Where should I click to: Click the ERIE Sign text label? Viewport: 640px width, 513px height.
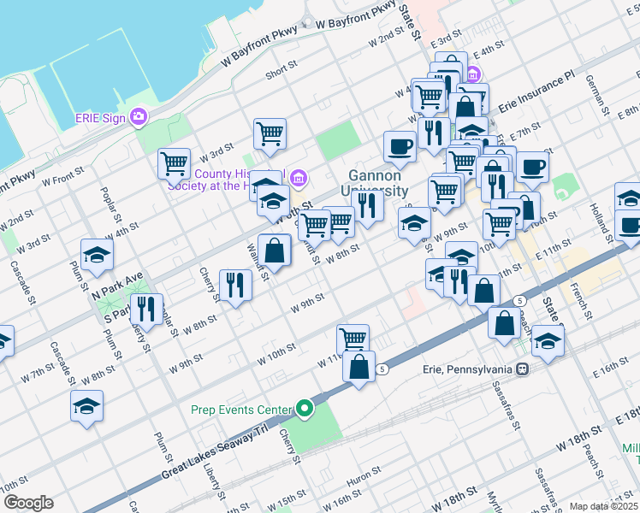(x=100, y=117)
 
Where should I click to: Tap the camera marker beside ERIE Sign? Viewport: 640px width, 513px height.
(x=139, y=117)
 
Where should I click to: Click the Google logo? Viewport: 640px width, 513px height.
(x=28, y=503)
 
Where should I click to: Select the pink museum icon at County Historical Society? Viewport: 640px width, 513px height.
(x=298, y=179)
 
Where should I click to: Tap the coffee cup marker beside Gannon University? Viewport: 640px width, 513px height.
(x=400, y=147)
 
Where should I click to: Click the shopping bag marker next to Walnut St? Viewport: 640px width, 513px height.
(x=274, y=251)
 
